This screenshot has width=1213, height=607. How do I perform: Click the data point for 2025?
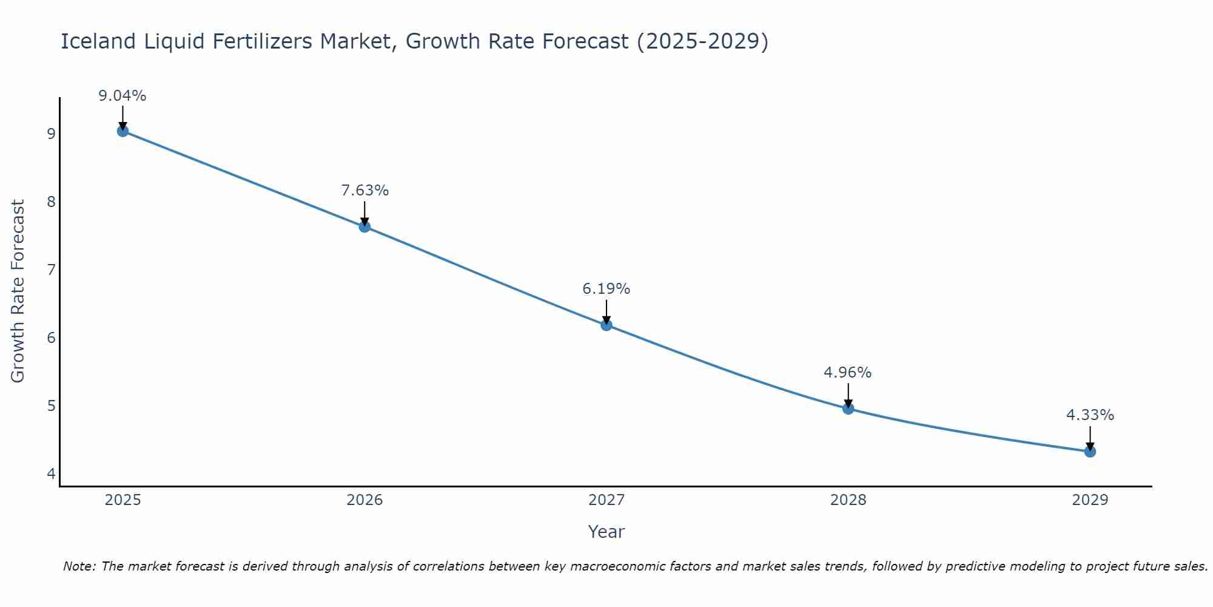click(x=123, y=131)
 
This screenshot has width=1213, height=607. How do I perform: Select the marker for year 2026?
click(x=365, y=227)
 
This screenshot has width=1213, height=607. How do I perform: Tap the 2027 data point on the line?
click(x=606, y=325)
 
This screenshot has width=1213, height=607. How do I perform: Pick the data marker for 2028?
click(x=848, y=409)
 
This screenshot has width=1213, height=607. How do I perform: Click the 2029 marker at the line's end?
click(x=1090, y=452)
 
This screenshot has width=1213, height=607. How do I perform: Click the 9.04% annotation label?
click(x=123, y=96)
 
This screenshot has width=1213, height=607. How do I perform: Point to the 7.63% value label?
click(x=365, y=191)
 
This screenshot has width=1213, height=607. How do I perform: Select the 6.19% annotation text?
click(x=606, y=289)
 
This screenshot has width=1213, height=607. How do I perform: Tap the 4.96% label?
click(x=847, y=373)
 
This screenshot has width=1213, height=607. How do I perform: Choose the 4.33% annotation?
click(x=1090, y=415)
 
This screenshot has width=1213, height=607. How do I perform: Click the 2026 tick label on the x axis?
click(x=365, y=500)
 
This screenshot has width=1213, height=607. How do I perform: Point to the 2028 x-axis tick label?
click(x=848, y=500)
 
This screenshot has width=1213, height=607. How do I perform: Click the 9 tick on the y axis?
click(x=51, y=134)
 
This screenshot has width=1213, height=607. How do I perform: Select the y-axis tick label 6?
click(x=51, y=337)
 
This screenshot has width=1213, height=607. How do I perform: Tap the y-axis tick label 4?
click(x=51, y=473)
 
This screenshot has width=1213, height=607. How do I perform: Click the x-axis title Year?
click(x=606, y=532)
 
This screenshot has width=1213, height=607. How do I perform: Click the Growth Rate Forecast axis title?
click(x=18, y=291)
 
